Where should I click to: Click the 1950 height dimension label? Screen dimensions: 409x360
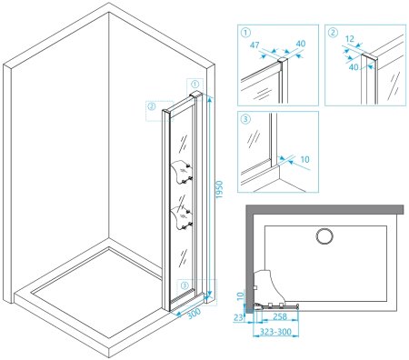coord(219,189)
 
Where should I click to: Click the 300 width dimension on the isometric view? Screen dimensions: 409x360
coord(195,313)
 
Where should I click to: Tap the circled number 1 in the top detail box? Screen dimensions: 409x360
coord(245,33)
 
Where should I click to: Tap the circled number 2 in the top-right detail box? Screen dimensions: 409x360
coord(333,33)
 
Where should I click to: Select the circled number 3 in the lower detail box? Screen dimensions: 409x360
coord(245,119)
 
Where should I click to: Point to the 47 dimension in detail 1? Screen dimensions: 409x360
coord(254,45)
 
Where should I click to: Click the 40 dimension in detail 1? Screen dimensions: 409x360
coord(301,44)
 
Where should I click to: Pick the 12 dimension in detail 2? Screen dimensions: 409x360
coord(350,39)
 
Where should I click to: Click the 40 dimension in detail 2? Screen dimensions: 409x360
coord(354,67)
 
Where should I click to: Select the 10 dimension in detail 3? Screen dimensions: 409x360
coord(305,159)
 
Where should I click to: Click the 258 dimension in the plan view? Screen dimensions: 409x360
coord(280,316)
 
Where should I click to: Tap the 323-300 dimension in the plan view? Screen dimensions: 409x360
coord(276,332)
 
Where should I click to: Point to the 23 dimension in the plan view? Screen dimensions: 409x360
coord(238,317)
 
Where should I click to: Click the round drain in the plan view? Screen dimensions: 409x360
coord(324,236)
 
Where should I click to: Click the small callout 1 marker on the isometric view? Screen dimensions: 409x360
coord(195,84)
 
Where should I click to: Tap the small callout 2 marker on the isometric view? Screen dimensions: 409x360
coord(151,106)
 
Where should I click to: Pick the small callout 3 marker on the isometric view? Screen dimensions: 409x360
coord(185,285)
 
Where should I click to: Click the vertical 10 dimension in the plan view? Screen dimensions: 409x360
coord(240,296)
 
